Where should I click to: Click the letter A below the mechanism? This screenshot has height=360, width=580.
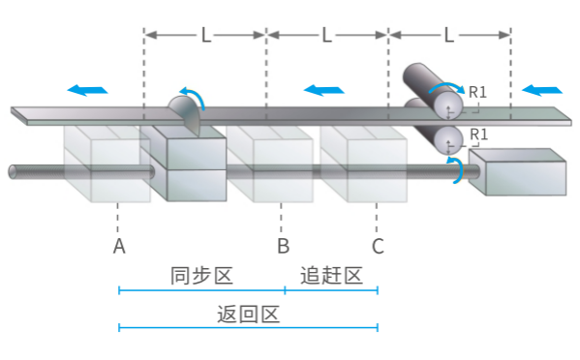(119, 247)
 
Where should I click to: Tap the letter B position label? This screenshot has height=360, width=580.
(283, 247)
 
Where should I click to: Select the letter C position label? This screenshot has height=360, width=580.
(378, 247)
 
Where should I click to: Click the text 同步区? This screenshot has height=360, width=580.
(201, 276)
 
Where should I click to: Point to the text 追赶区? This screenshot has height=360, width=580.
(331, 276)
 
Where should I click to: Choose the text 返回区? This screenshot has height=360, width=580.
(248, 315)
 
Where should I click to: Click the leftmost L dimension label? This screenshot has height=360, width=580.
(205, 36)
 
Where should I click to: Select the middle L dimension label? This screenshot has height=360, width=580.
(327, 36)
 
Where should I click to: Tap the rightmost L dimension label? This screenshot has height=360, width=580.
(449, 36)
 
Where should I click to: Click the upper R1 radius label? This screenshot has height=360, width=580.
(477, 94)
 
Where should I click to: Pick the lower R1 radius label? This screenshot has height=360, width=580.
(477, 134)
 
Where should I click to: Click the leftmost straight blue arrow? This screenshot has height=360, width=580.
(87, 90)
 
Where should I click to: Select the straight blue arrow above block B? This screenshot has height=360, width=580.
(323, 90)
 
